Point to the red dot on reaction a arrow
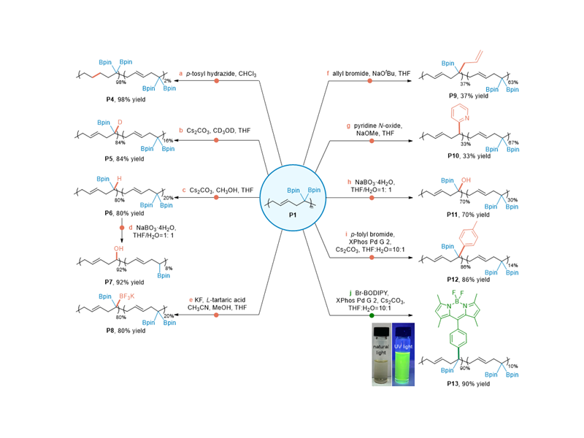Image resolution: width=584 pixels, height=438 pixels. coord(216,81)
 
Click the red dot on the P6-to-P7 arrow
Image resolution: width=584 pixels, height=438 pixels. coord(122,228)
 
